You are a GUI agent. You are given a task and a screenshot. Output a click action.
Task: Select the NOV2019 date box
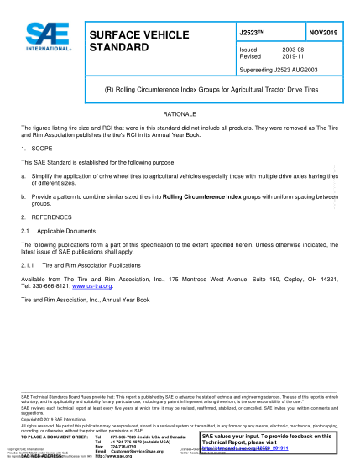tap(319, 34)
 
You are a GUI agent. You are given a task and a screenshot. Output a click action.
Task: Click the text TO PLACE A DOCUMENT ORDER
tap(55, 437)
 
